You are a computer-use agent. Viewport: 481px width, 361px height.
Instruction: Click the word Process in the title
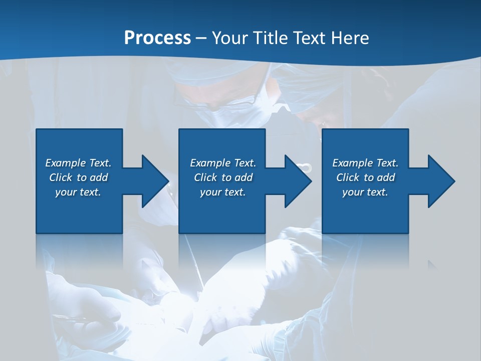click(157, 38)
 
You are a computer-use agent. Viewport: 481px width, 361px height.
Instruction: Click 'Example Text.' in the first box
click(78, 163)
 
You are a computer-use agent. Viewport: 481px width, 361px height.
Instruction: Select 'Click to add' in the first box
click(78, 177)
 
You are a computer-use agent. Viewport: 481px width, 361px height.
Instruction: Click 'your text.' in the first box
click(78, 192)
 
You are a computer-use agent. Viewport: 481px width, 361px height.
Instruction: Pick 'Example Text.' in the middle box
click(223, 163)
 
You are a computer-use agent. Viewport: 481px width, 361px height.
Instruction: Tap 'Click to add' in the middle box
click(223, 177)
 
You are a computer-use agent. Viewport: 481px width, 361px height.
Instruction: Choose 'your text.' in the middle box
click(223, 192)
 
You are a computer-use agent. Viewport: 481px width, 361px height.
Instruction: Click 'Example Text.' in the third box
click(365, 163)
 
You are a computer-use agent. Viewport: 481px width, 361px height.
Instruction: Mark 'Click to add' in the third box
click(365, 177)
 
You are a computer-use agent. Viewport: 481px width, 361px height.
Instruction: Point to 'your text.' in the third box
click(365, 192)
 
